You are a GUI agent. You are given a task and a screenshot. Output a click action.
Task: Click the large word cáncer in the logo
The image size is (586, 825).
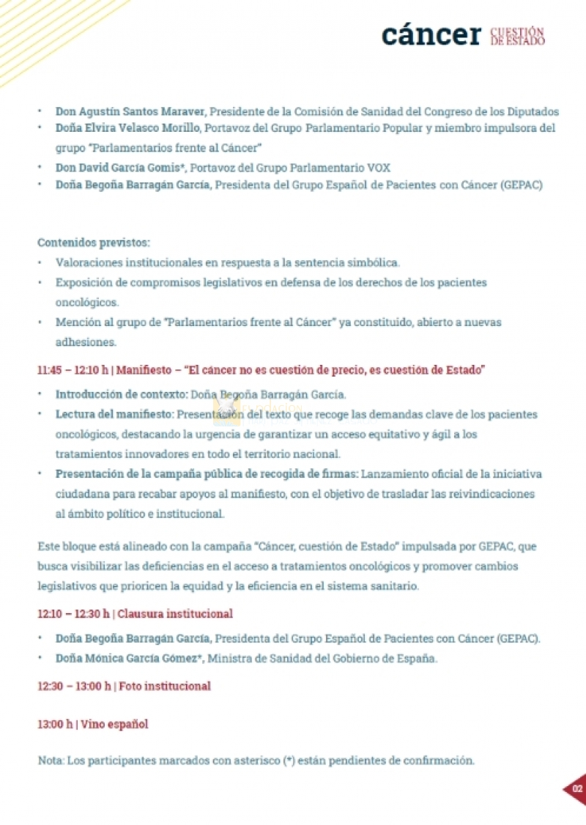coord(431,34)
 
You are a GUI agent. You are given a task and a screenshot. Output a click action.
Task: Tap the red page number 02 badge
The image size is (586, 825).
coord(577,789)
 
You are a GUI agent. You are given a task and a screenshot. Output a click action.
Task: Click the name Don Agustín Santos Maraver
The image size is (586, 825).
coord(132,112)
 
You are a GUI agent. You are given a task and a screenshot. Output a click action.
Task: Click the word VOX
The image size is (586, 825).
coord(378,168)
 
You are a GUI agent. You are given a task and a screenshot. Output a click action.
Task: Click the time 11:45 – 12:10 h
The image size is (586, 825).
coord(73,370)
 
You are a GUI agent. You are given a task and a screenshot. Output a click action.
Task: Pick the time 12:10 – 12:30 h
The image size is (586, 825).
coord(73,614)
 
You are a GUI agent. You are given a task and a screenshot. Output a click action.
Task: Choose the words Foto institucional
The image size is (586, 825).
coord(165,687)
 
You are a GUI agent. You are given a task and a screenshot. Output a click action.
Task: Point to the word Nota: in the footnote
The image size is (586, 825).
coord(51,761)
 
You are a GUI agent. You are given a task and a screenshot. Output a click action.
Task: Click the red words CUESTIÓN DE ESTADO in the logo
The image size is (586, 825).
coord(517,37)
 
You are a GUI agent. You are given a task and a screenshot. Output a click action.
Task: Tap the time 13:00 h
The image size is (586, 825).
coord(55,725)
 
